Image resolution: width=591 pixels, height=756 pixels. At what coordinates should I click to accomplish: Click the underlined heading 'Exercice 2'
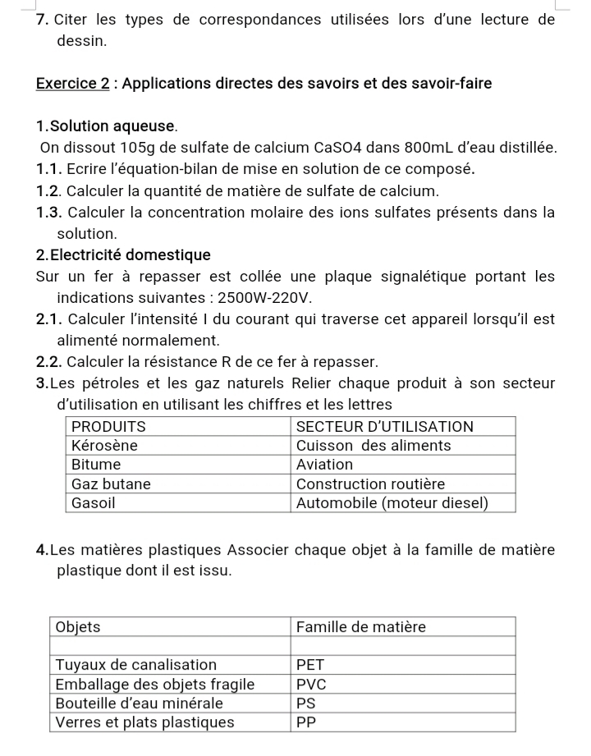[x=73, y=83]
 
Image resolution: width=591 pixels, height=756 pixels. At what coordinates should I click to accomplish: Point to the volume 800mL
[x=430, y=148]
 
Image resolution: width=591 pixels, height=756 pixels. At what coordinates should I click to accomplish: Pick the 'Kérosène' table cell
[x=104, y=446]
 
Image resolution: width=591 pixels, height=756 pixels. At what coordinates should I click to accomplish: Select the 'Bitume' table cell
[x=96, y=465]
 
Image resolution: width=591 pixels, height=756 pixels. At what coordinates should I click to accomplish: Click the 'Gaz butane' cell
[x=111, y=483]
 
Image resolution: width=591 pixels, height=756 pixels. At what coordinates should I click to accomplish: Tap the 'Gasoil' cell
[x=94, y=502]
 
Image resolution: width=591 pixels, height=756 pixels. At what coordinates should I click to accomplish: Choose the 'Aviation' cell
[x=324, y=465]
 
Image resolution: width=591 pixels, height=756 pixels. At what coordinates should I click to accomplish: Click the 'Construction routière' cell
[x=370, y=483]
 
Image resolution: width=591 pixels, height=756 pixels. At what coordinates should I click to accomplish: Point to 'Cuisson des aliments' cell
[x=373, y=446]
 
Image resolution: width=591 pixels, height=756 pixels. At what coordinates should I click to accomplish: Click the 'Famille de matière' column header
[x=361, y=627]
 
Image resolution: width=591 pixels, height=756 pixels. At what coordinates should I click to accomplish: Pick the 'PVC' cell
[x=311, y=684]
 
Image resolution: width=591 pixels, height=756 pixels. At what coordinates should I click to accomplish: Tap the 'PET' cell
[x=310, y=665]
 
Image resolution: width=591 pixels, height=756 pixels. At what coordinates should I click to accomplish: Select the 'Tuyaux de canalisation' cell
[x=135, y=665]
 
